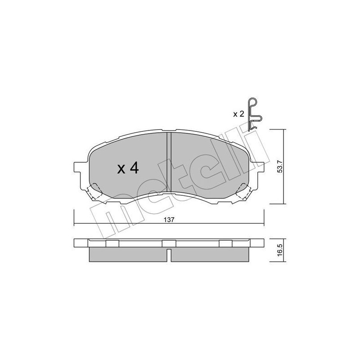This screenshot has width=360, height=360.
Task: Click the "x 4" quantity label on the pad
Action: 128,169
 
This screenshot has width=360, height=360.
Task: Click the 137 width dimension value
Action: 169,220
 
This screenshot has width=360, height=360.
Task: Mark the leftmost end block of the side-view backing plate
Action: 80,243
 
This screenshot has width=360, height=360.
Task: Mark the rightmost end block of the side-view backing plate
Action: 258,243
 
